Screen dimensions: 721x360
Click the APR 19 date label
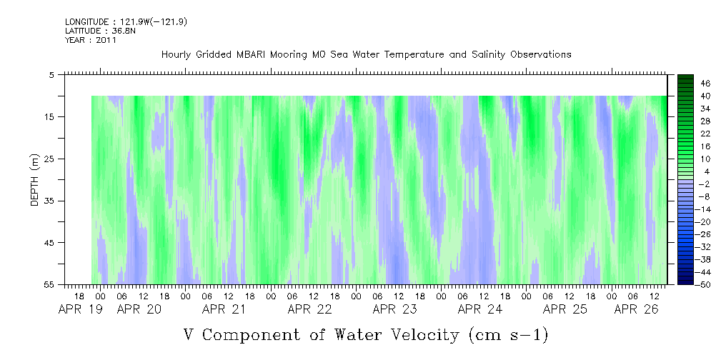coord(81,309)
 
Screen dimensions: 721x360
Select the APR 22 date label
coord(310,309)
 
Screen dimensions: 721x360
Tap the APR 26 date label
coord(637,309)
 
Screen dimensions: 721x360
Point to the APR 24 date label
coord(480,309)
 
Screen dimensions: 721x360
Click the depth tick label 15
coord(49,116)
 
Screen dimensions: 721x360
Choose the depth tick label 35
coord(49,201)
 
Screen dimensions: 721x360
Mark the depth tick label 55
coord(49,284)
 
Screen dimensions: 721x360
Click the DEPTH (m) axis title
coord(36,180)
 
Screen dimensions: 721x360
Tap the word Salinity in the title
coord(487,55)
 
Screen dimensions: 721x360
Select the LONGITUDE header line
coord(126,22)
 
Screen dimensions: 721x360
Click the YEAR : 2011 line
coord(91,40)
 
